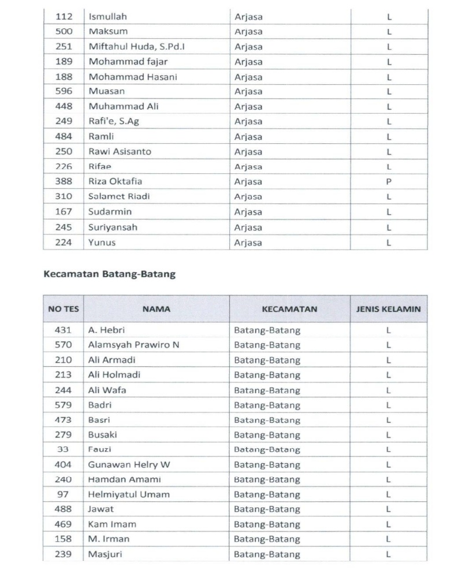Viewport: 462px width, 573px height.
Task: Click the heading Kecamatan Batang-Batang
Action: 110,274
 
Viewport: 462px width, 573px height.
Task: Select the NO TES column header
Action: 64,309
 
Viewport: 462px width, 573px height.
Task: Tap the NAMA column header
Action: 157,309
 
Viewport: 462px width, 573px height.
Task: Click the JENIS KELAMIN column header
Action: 389,309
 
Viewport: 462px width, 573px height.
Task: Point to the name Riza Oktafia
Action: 115,181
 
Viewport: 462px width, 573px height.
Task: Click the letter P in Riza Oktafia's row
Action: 389,181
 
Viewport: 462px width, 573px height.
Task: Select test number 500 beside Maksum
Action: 64,31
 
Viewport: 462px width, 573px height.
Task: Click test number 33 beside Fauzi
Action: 64,449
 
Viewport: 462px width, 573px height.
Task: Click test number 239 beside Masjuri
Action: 64,555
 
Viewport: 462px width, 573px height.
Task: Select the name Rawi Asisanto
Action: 120,151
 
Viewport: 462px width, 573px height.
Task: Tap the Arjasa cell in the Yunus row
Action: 248,243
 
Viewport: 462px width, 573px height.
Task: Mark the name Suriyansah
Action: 113,228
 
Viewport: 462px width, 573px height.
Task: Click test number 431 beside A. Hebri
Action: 64,330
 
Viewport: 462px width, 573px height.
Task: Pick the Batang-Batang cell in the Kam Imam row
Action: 267,524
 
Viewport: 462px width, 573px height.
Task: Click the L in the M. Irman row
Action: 389,539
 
